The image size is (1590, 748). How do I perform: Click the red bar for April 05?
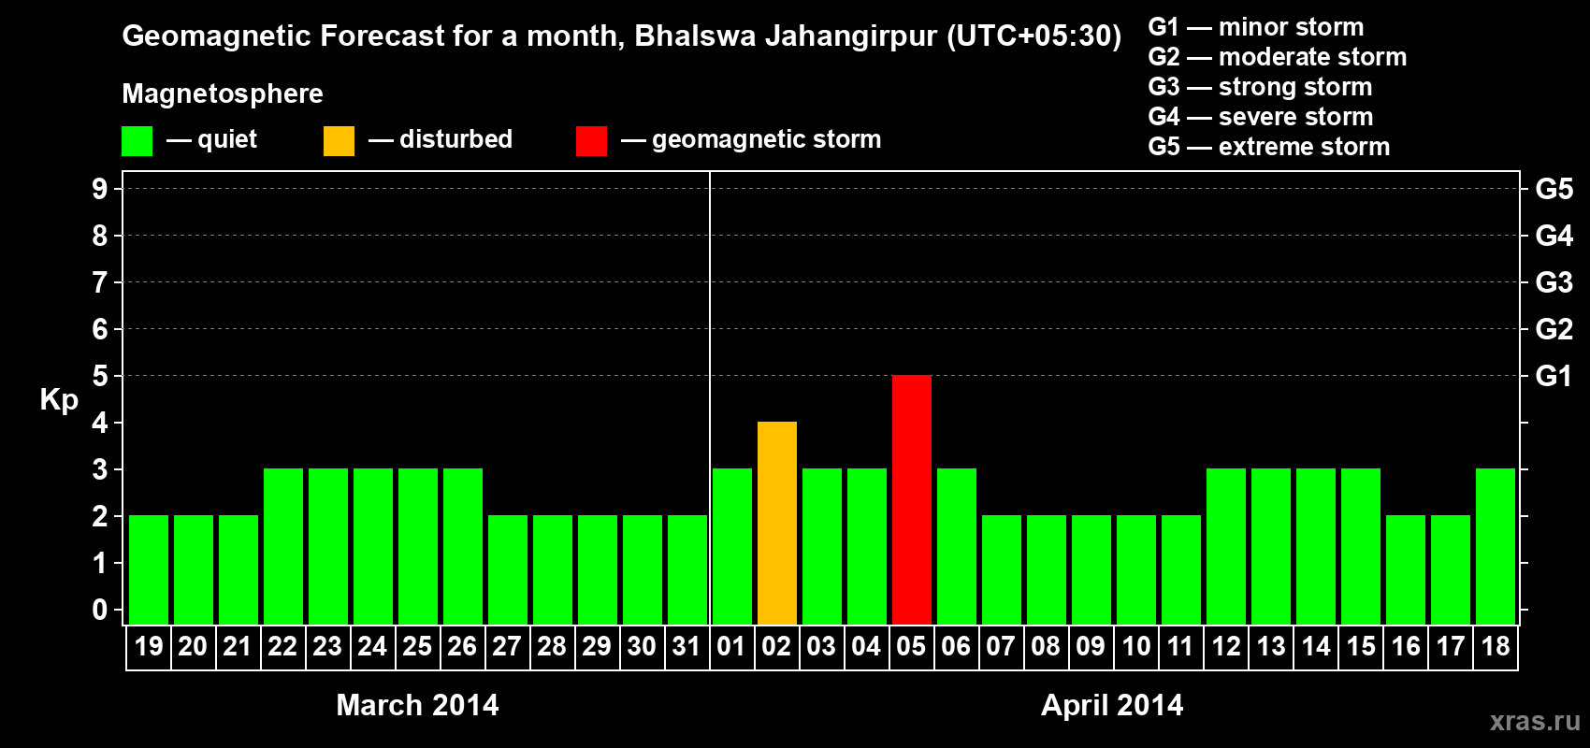[x=911, y=499]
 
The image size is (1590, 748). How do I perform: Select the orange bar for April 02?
[x=776, y=523]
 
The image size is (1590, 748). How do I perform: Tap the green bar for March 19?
[x=148, y=569]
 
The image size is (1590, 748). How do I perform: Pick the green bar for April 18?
[x=1495, y=546]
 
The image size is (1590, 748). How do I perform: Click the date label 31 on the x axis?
[x=687, y=646]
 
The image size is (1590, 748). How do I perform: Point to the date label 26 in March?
[x=462, y=646]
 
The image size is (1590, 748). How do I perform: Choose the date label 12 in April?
[x=1225, y=646]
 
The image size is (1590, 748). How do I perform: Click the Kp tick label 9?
[x=100, y=189]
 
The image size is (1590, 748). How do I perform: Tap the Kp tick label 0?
[x=100, y=610]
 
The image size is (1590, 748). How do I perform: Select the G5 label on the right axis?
[x=1554, y=189]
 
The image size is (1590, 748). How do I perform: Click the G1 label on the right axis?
[x=1554, y=376]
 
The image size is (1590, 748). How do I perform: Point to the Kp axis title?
[x=59, y=399]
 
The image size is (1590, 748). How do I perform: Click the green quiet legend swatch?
[x=137, y=141]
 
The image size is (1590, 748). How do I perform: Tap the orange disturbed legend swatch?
[x=339, y=141]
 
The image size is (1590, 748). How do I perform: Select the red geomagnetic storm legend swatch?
[x=591, y=141]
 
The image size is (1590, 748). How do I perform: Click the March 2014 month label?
[x=417, y=705]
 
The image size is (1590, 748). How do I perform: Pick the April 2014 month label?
[x=1112, y=705]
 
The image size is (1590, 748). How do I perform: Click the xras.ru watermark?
[x=1535, y=721]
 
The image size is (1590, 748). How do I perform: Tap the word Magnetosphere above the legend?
[x=223, y=93]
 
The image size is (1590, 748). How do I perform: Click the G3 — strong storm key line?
[x=1260, y=87]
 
